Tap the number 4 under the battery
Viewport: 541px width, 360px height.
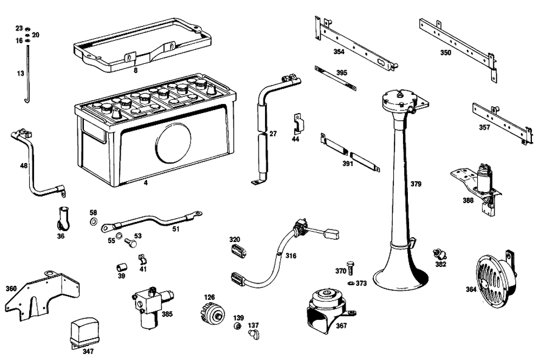coord(146,183)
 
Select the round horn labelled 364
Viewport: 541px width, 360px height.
coord(492,276)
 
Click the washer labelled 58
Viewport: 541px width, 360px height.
coord(93,222)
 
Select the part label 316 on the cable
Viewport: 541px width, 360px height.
coord(291,256)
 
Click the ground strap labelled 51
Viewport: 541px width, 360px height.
coord(151,221)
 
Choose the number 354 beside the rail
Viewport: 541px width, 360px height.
coord(339,52)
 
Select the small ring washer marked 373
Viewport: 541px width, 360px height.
coord(351,283)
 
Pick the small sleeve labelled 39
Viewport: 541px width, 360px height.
coord(122,267)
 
